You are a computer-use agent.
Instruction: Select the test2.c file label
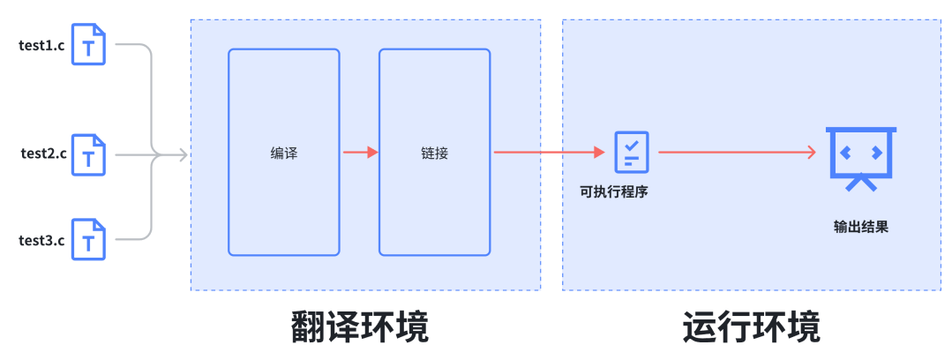[x=43, y=154]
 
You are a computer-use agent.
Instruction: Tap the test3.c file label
[x=41, y=241]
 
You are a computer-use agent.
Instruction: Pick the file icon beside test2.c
[x=88, y=154]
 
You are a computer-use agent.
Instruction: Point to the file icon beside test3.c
[x=88, y=240]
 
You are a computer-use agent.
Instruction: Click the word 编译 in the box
[x=283, y=153]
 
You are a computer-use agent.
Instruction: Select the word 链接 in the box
[x=434, y=153]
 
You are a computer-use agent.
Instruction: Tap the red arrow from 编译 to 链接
[x=359, y=153]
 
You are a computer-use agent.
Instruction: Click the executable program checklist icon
[x=632, y=151]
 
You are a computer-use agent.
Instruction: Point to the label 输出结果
[x=860, y=226]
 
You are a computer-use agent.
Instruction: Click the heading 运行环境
[x=751, y=326]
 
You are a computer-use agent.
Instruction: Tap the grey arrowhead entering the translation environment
[x=183, y=155]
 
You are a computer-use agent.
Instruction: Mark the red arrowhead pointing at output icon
[x=811, y=153]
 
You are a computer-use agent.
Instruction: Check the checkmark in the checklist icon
[x=632, y=143]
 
